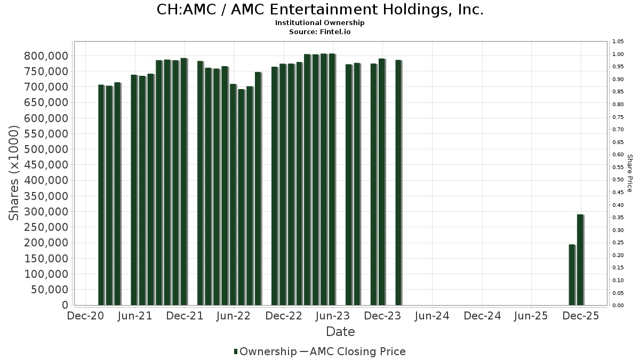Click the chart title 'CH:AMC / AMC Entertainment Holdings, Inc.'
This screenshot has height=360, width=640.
pyautogui.click(x=320, y=10)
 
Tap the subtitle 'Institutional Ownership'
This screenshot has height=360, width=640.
pyautogui.click(x=320, y=23)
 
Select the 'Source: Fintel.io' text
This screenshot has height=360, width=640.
pyautogui.click(x=320, y=32)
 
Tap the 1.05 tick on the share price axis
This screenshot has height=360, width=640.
pyautogui.click(x=618, y=42)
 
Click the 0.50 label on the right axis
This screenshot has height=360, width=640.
pyautogui.click(x=618, y=180)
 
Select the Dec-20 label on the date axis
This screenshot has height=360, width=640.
pyautogui.click(x=86, y=316)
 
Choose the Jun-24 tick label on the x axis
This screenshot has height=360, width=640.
pyautogui.click(x=432, y=316)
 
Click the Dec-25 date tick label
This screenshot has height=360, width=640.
pyautogui.click(x=581, y=316)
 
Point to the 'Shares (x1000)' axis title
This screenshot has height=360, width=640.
pyautogui.click(x=14, y=173)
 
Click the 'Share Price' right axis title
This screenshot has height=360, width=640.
pyautogui.click(x=629, y=173)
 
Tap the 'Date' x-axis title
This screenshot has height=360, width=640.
pyautogui.click(x=340, y=332)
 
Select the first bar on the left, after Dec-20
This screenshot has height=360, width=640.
pyautogui.click(x=101, y=195)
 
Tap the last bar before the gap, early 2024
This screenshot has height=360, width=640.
pyautogui.click(x=398, y=182)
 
